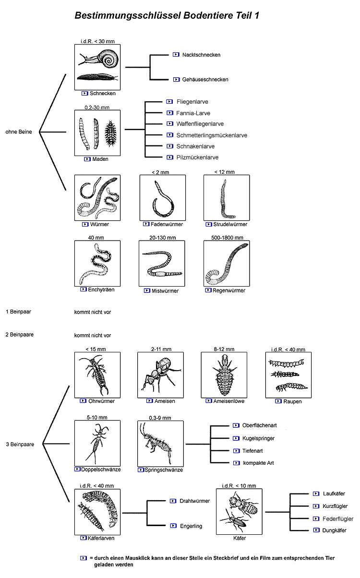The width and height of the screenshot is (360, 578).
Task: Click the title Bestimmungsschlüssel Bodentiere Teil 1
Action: click(167, 16)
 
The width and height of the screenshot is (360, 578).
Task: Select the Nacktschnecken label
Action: click(201, 55)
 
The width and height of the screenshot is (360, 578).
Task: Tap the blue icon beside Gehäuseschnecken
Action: click(176, 79)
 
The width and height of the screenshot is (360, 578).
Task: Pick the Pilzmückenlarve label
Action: click(197, 157)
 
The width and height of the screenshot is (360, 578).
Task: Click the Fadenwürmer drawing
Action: click(163, 197)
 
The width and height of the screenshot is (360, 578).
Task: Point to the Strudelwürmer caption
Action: click(230, 224)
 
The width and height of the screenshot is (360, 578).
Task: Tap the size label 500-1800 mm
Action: click(227, 238)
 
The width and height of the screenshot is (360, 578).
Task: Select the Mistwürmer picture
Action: click(162, 263)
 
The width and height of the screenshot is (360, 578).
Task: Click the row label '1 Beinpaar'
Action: click(19, 312)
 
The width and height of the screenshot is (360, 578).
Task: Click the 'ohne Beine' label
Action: click(19, 132)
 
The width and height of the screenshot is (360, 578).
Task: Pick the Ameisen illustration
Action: click(160, 375)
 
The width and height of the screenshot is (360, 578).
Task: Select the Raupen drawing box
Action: click(288, 375)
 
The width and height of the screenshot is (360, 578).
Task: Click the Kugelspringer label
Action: click(258, 438)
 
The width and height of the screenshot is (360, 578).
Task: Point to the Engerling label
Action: click(191, 526)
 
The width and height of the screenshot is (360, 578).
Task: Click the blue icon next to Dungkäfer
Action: click(316, 530)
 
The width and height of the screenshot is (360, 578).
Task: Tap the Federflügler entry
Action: click(338, 518)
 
